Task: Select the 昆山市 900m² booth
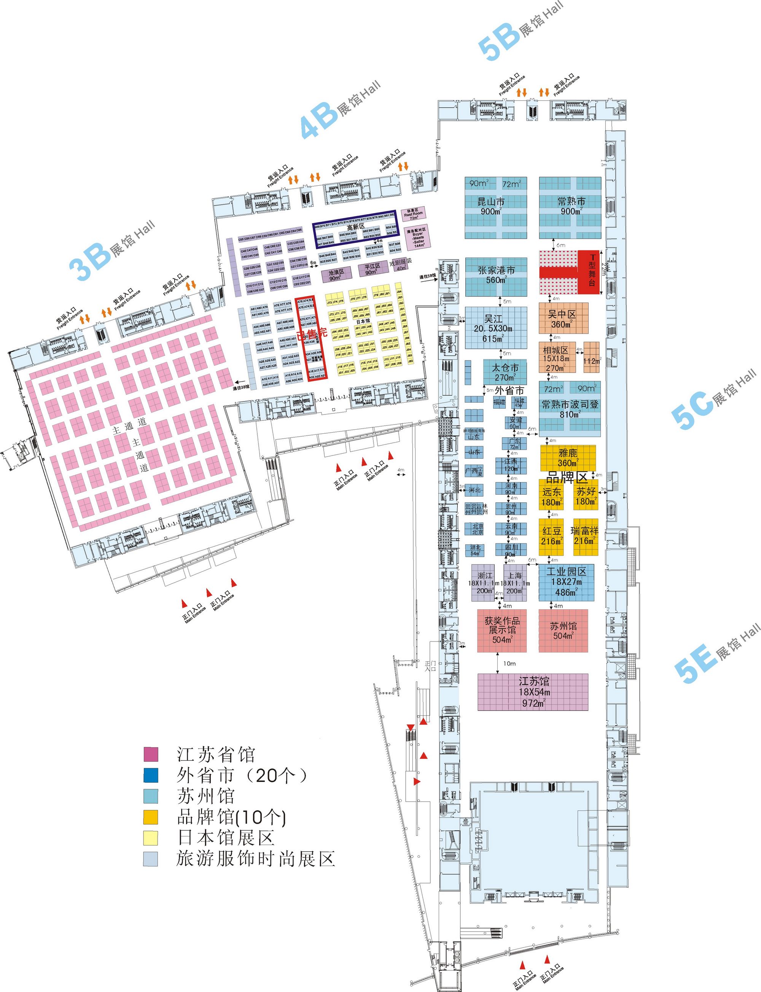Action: coord(495,208)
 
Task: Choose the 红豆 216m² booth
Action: coord(551,537)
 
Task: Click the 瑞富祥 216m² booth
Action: coord(585,537)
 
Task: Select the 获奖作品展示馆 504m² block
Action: coord(502,630)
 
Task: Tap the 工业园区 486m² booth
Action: coord(566,582)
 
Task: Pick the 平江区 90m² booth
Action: coord(373,269)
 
